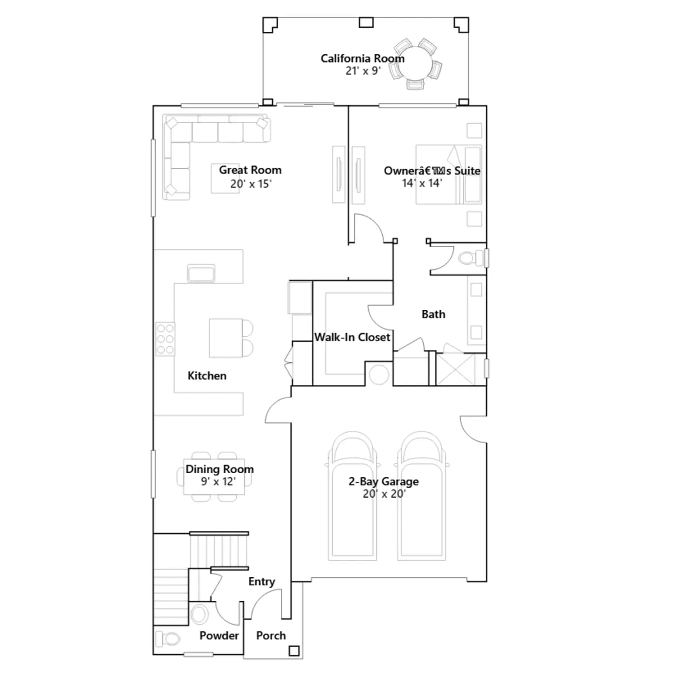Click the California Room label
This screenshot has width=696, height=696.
362,58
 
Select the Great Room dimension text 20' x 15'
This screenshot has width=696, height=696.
251,184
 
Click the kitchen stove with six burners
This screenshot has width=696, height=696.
165,339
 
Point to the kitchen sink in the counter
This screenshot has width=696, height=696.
201,273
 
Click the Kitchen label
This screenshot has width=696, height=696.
207,375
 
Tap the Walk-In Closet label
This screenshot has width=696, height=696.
352,337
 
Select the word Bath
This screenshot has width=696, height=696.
433,314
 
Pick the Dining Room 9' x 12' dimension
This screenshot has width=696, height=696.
218,482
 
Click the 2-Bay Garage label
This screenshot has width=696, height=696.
384,482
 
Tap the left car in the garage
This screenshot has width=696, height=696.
352,496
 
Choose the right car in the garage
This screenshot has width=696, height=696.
421,496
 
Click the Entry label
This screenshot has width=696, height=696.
261,582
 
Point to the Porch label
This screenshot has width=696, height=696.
271,636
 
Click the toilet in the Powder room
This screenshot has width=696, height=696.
168,639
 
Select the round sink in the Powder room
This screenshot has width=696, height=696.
200,615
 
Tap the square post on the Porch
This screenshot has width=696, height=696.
294,651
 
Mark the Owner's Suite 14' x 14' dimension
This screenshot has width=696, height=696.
422,183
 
